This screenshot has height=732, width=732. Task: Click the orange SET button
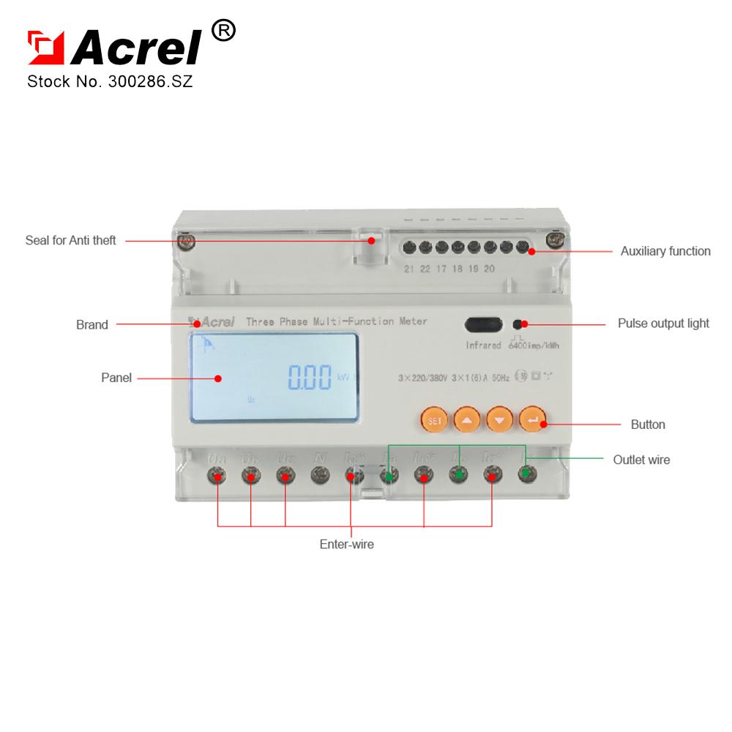pyautogui.click(x=433, y=421)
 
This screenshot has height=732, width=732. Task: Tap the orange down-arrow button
pyautogui.click(x=499, y=421)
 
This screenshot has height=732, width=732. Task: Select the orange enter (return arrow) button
pyautogui.click(x=533, y=421)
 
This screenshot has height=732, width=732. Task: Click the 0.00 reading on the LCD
pyautogui.click(x=310, y=378)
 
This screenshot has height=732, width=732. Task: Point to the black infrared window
pyautogui.click(x=483, y=324)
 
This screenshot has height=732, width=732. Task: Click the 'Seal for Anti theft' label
pyautogui.click(x=70, y=240)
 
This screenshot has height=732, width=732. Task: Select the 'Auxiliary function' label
pyautogui.click(x=665, y=251)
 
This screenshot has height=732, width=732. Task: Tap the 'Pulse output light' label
pyautogui.click(x=663, y=323)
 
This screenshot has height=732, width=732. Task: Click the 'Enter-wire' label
pyautogui.click(x=347, y=545)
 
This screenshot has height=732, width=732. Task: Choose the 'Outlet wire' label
pyautogui.click(x=641, y=460)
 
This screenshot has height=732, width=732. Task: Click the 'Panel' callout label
pyautogui.click(x=116, y=378)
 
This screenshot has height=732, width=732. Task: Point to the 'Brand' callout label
pyautogui.click(x=92, y=324)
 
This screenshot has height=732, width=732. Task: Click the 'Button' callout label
pyautogui.click(x=648, y=424)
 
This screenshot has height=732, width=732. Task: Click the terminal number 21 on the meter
pyautogui.click(x=408, y=269)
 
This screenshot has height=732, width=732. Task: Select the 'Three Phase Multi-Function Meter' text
pyautogui.click(x=336, y=321)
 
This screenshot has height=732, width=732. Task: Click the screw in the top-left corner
pyautogui.click(x=187, y=240)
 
